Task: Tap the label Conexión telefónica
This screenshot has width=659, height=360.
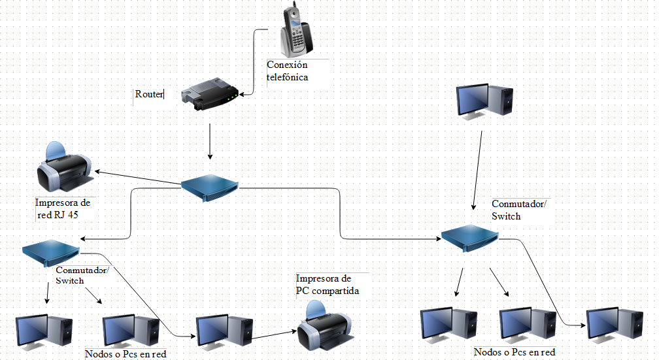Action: click(288, 71)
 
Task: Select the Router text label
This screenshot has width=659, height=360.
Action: click(148, 94)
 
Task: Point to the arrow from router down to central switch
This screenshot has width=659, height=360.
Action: click(210, 140)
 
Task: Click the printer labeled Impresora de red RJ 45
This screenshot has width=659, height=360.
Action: click(64, 167)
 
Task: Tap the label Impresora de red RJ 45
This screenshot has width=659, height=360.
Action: click(63, 209)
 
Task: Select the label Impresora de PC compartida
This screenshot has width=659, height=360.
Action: click(328, 284)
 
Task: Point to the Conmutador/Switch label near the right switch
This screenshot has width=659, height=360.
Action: click(520, 210)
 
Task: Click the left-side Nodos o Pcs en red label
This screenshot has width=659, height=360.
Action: click(126, 354)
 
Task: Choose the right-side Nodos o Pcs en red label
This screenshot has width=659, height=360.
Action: click(515, 352)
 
